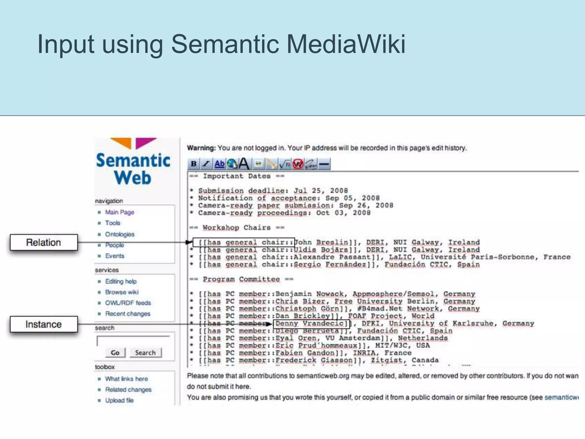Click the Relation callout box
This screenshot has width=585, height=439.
44,242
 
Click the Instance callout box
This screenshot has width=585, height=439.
44,324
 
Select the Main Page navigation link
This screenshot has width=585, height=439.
119,212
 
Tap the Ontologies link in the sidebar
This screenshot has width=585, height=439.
120,234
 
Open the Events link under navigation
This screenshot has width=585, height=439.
115,256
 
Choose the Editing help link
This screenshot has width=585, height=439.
121,281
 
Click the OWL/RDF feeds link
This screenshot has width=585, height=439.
128,303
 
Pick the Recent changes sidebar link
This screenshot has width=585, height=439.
127,314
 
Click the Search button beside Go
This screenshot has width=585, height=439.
145,353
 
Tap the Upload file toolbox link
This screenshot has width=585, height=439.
119,400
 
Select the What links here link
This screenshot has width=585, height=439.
126,379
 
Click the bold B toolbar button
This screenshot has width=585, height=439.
194,164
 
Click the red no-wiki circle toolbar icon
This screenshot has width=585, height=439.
298,164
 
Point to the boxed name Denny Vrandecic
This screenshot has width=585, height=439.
311,324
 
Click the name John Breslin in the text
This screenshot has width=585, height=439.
322,242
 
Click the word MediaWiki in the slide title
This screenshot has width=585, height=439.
346,44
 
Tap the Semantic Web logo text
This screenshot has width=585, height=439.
133,169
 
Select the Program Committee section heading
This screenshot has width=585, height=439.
241,279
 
